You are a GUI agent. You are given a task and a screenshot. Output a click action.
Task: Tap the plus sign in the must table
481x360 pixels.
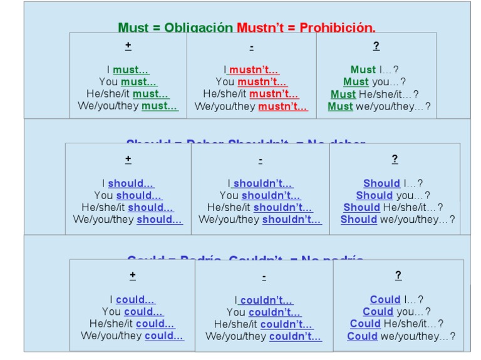[x=128, y=46]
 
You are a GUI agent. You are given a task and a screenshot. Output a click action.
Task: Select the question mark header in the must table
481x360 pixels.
[x=376, y=46]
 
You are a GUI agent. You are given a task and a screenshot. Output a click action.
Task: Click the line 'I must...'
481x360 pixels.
[x=128, y=70]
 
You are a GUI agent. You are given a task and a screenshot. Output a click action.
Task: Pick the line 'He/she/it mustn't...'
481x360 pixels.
[x=251, y=95]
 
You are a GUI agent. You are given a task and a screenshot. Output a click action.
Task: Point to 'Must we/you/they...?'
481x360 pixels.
[x=379, y=106]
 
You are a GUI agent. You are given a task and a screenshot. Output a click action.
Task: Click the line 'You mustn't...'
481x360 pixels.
[x=251, y=82]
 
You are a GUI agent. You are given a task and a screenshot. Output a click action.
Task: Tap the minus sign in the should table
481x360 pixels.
[x=260, y=160]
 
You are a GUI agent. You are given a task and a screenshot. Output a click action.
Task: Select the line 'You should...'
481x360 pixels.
[x=128, y=195]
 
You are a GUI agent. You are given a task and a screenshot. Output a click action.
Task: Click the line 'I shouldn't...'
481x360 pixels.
[x=260, y=183]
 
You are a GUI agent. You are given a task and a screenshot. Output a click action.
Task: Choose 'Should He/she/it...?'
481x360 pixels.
[x=393, y=207]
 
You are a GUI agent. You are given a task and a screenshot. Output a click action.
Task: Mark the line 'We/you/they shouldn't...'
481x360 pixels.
[x=260, y=220]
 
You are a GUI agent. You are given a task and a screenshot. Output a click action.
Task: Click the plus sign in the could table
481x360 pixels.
[x=132, y=275]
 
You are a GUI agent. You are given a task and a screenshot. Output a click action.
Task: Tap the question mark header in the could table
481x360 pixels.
[x=398, y=275]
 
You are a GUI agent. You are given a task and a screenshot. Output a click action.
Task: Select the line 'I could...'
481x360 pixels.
[x=132, y=300]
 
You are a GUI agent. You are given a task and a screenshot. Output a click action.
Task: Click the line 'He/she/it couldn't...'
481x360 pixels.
[x=263, y=324]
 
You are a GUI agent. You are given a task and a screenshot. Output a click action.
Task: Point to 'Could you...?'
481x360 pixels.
[x=396, y=312]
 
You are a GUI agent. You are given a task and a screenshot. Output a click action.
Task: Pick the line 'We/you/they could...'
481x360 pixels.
[x=132, y=336]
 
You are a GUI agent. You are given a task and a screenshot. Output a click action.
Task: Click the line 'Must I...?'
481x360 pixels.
[x=375, y=70]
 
